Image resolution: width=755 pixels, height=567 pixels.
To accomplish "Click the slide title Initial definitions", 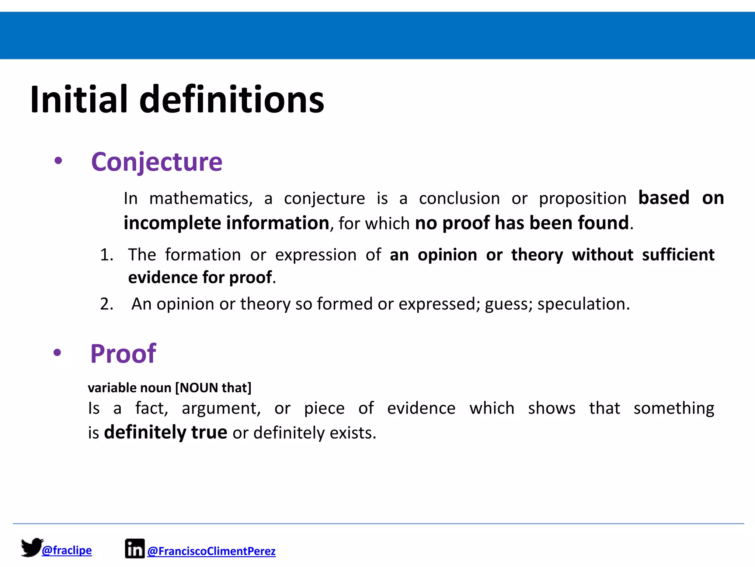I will tap(177, 100).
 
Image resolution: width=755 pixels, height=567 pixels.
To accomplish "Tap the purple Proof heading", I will tap(123, 354).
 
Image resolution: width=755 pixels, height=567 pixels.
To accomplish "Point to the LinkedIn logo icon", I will tap(135, 549).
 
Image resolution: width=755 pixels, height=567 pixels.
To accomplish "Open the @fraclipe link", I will tap(67, 550).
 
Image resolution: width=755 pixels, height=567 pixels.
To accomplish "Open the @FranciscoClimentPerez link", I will tap(211, 551).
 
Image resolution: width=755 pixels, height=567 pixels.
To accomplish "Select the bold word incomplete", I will tap(172, 223).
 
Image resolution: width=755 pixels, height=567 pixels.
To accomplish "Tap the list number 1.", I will tap(107, 255).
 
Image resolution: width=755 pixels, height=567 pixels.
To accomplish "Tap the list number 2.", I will tap(107, 304).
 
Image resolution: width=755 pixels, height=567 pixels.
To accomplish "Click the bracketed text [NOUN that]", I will tap(213, 388).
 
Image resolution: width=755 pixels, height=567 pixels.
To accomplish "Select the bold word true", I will tap(209, 432).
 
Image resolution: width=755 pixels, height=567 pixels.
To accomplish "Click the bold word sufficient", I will tap(678, 255).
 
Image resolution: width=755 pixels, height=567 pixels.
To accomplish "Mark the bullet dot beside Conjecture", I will tap(58, 161).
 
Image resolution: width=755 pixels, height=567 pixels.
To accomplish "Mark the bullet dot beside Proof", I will tap(57, 353).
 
